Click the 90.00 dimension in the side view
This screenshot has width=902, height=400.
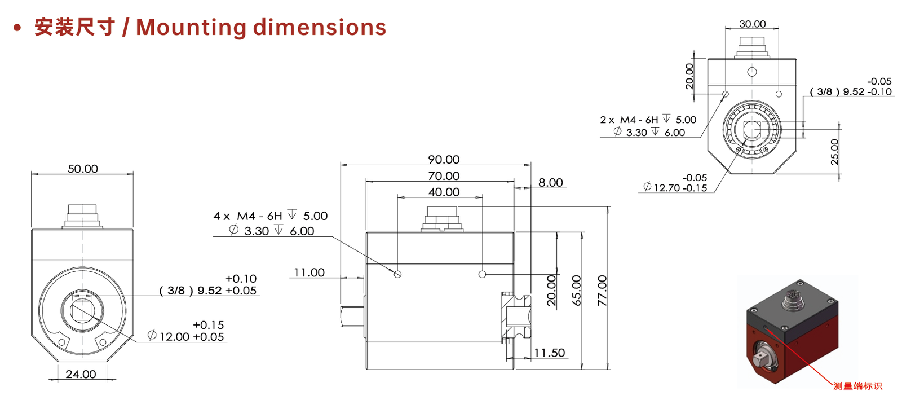pos(443,160)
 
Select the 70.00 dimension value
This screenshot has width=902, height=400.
pos(443,176)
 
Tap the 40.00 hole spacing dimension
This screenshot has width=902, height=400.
pos(443,192)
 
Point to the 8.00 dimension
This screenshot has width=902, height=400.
pos(550,182)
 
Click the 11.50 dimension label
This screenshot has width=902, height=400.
pos(549,353)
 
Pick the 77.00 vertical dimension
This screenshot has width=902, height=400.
pos(602,291)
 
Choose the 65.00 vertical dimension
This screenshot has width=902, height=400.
pos(577,291)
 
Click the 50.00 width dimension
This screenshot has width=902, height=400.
pos(82,169)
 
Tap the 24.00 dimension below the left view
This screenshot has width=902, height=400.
pos(81,374)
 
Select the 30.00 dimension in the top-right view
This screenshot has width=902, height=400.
pos(752,24)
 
